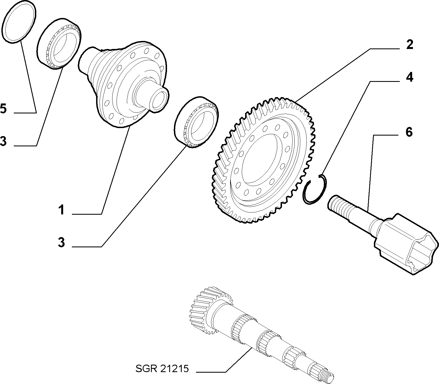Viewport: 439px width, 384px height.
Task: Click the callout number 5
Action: pyautogui.click(x=3, y=109)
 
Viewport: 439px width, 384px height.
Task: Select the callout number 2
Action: pyautogui.click(x=410, y=45)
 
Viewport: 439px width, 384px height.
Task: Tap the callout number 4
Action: pyautogui.click(x=410, y=77)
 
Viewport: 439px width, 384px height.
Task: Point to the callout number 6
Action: pyautogui.click(x=409, y=132)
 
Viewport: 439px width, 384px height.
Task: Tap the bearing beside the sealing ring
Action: pyautogui.click(x=59, y=43)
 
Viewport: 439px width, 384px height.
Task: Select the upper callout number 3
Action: pyautogui.click(x=3, y=141)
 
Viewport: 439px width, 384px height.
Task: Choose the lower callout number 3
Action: pyautogui.click(x=61, y=243)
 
